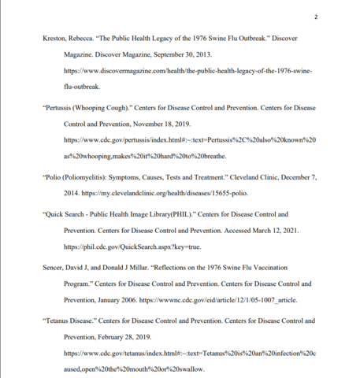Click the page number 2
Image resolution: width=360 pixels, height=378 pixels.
(x=315, y=17)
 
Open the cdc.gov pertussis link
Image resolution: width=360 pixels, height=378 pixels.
(x=189, y=139)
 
